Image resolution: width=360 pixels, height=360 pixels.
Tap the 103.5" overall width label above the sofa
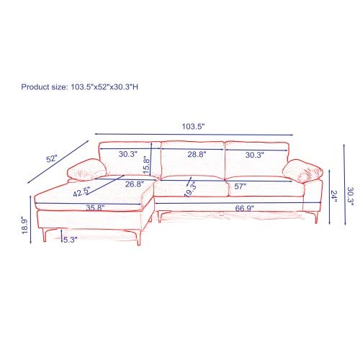point(193,126)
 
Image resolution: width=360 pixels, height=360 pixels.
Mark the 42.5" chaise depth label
point(82,192)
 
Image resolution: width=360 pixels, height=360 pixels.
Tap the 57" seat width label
point(240,186)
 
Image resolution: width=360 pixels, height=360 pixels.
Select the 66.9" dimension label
point(243,208)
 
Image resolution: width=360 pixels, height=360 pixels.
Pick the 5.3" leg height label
point(71,239)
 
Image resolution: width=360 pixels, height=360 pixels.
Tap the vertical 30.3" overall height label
point(351,196)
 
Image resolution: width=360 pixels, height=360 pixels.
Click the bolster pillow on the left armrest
point(84,171)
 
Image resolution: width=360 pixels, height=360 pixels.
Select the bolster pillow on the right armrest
point(302,172)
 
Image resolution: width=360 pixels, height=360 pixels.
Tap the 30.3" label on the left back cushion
point(129,154)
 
